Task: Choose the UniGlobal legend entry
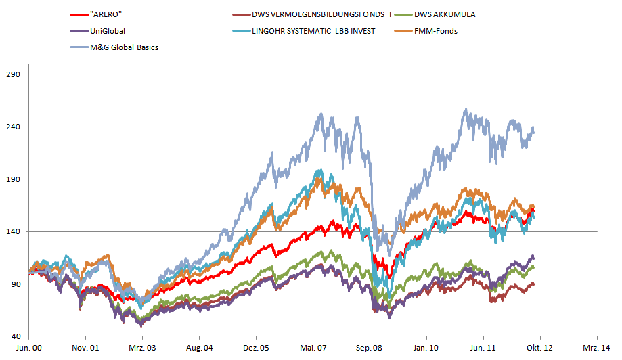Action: (108, 30)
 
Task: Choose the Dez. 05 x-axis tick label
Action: (257, 347)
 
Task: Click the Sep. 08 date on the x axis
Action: (370, 347)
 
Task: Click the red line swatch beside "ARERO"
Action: (79, 14)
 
